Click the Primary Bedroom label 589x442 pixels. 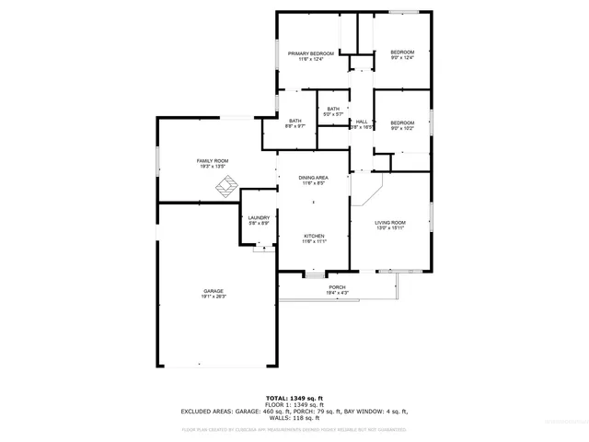click(310, 53)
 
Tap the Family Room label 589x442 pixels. click(213, 161)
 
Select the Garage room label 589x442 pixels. click(213, 291)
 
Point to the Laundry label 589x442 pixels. click(259, 217)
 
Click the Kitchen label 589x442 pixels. click(315, 236)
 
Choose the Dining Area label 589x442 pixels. click(313, 178)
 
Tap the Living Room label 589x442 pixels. click(389, 223)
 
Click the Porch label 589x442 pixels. click(337, 287)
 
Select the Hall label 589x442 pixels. click(362, 122)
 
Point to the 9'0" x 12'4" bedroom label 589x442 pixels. click(402, 58)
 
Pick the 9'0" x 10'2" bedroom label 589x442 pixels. click(402, 128)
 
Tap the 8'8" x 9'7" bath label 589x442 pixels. click(295, 126)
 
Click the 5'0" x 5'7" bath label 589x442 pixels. click(332, 114)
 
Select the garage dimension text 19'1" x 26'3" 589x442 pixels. click(213, 297)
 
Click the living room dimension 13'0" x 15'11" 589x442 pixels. click(389, 228)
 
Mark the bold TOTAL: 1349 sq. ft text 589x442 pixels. click(294, 398)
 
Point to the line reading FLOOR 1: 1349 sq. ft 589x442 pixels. click(294, 404)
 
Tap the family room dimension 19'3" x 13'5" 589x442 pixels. click(213, 167)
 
